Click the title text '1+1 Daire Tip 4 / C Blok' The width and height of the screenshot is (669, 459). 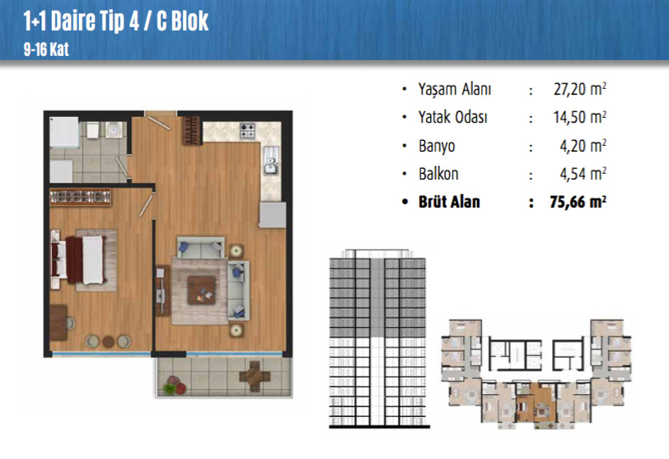[115, 21]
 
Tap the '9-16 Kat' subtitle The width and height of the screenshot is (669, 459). [46, 49]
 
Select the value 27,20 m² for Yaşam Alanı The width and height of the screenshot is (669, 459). [579, 89]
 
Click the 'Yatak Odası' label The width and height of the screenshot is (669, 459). [452, 117]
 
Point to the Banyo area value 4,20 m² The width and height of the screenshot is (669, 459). [582, 146]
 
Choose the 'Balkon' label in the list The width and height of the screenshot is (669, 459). [438, 174]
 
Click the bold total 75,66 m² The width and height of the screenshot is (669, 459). [578, 202]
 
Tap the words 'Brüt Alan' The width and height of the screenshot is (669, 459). [449, 202]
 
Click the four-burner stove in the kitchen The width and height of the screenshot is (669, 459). [247, 131]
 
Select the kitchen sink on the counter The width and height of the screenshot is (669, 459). [271, 161]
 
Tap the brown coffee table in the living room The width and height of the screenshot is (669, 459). [201, 290]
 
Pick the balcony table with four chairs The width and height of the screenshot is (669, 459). [255, 377]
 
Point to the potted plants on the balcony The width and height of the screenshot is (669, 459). [175, 386]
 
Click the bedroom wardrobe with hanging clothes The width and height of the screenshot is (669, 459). [80, 197]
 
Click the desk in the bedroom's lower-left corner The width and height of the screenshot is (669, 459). [58, 322]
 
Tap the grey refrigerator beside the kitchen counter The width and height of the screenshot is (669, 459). [272, 215]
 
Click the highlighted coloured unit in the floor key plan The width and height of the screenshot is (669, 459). [536, 404]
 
